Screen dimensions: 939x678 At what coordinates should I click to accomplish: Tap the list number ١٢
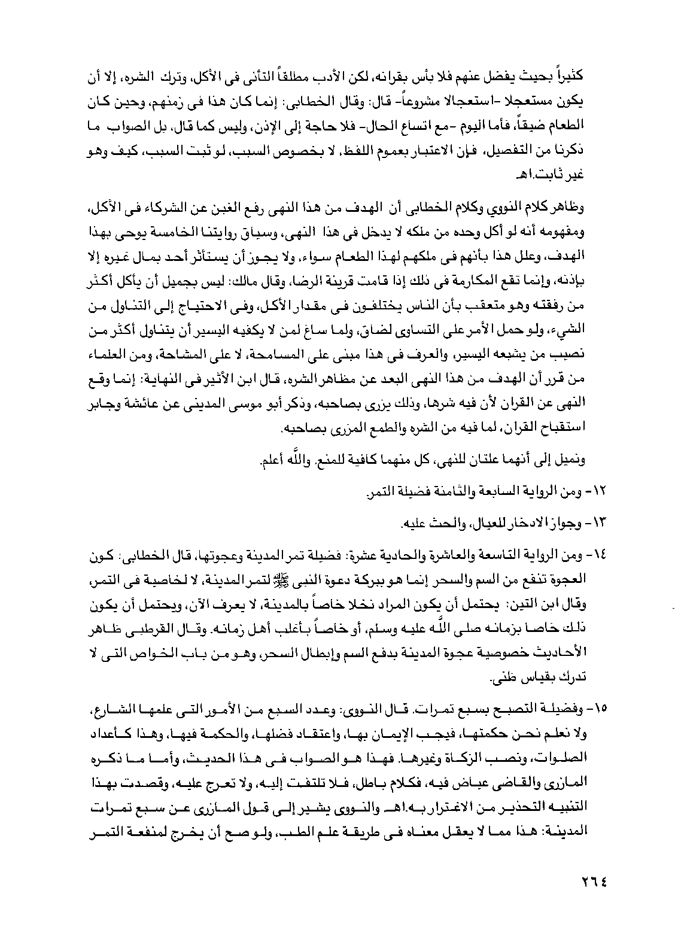click(x=600, y=491)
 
